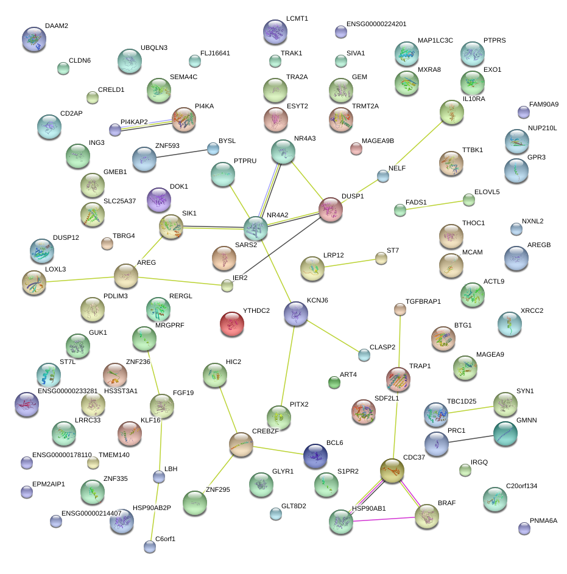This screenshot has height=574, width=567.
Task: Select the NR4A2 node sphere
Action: click(256, 228)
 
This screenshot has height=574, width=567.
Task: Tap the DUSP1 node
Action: click(331, 209)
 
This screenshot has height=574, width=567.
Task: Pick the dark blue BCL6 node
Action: click(315, 455)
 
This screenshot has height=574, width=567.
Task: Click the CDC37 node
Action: click(392, 470)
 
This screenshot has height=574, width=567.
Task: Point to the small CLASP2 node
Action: click(364, 354)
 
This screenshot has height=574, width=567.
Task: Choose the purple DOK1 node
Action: click(160, 199)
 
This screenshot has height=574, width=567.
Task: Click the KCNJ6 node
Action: click(296, 313)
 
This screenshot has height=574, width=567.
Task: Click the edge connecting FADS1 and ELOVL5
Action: click(434, 205)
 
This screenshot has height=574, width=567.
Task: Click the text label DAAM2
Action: click(57, 26)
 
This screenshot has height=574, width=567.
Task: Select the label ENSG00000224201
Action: click(376, 24)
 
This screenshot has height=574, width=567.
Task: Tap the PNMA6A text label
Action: click(543, 520)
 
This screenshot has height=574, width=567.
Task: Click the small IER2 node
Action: click(227, 285)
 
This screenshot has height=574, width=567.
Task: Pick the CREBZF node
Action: click(241, 446)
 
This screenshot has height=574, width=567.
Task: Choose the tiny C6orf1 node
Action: click(150, 547)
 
